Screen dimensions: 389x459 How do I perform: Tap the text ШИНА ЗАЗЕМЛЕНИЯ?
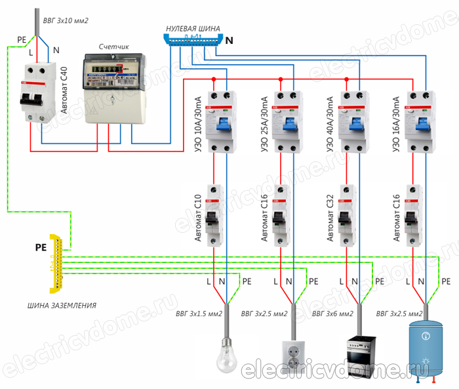pyautogui.click(x=62, y=306)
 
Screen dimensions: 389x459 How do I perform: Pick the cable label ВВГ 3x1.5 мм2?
pyautogui.click(x=199, y=314)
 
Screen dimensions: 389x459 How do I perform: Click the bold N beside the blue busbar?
pyautogui.click(x=229, y=41)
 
